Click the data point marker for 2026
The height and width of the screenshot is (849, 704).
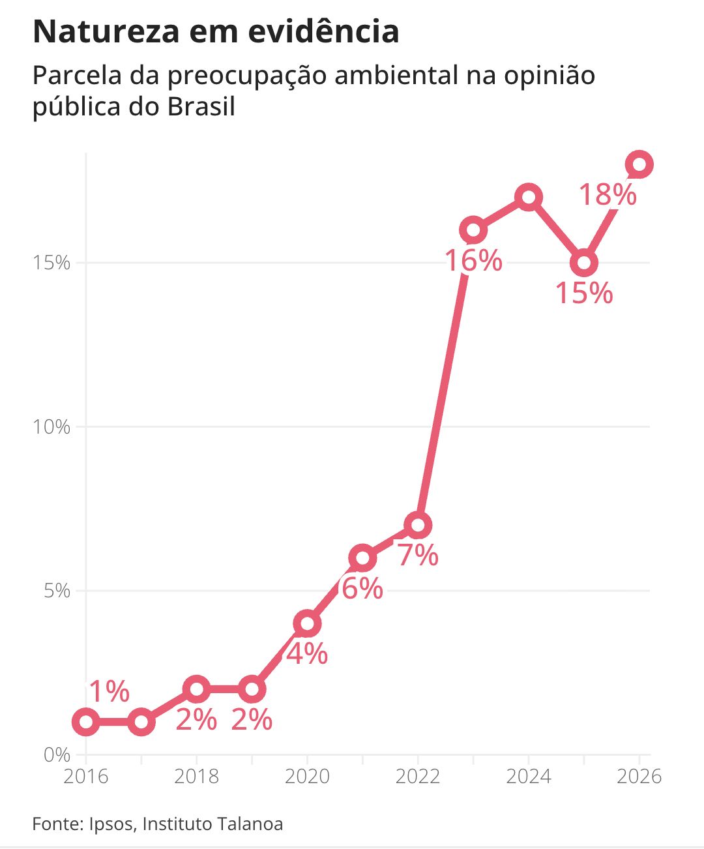(x=639, y=164)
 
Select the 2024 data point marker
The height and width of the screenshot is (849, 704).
(x=529, y=197)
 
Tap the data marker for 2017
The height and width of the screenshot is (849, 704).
(x=141, y=722)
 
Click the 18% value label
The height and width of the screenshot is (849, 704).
(x=608, y=195)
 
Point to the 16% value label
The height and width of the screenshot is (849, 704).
(x=474, y=261)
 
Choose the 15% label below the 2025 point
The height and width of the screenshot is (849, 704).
(x=584, y=293)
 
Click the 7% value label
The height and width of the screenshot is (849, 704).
(x=418, y=556)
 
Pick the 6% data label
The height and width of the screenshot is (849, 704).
(x=362, y=589)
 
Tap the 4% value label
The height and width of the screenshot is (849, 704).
(x=307, y=654)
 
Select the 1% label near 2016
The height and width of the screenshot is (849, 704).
(x=109, y=692)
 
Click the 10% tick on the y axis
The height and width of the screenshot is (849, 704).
(x=51, y=427)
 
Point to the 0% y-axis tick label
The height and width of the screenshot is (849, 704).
(x=57, y=755)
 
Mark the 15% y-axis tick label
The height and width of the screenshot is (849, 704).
(x=51, y=263)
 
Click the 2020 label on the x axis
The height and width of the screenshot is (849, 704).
(x=307, y=777)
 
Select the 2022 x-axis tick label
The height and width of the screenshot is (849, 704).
(x=418, y=777)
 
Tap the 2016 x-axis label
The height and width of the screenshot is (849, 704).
(x=86, y=777)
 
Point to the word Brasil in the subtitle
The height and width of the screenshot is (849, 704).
(x=201, y=106)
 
